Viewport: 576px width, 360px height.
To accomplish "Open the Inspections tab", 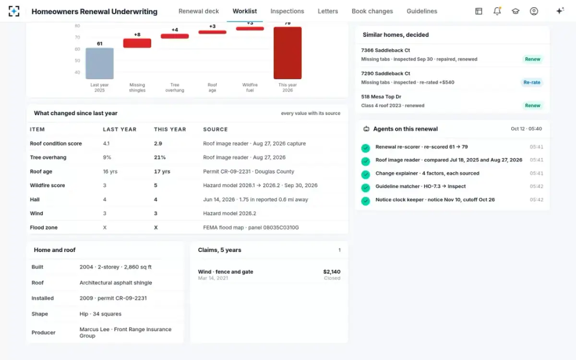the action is [287, 11].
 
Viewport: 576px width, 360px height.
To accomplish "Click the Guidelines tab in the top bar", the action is [422, 11].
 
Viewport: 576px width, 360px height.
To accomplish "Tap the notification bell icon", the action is [497, 11].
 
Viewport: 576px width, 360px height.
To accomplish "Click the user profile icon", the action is [534, 11].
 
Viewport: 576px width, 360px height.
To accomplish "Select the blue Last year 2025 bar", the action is [99, 63].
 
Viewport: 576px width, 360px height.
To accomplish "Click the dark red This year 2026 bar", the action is [288, 53].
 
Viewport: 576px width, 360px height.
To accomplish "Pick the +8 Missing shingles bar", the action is [137, 43].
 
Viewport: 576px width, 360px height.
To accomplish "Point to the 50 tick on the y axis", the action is [77, 60].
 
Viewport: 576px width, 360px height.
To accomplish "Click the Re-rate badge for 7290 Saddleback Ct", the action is [532, 82].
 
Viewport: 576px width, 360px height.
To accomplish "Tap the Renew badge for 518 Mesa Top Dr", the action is [532, 106].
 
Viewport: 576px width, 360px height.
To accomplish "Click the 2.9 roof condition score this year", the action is [158, 144].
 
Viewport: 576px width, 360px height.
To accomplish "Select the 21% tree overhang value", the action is [160, 157].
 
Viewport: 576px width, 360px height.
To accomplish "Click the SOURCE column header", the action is [215, 129].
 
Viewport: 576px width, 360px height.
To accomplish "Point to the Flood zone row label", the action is [44, 228].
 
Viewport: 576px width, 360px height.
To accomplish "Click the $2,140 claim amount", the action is [332, 272].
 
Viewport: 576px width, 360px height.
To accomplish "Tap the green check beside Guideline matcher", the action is [365, 188].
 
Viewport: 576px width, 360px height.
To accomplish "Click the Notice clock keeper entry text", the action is [435, 200].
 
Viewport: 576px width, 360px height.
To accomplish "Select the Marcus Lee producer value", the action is [125, 332].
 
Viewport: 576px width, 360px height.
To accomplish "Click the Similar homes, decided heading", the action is [396, 35].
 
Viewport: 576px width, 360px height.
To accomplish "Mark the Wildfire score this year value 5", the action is [156, 185].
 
